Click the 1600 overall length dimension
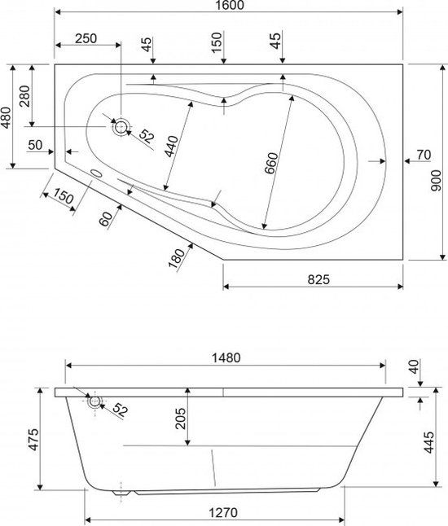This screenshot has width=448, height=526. pyautogui.click(x=233, y=5)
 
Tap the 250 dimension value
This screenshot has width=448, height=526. pyautogui.click(x=86, y=38)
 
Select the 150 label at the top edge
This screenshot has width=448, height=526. pyautogui.click(x=217, y=42)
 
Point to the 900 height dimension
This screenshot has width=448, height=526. pyautogui.click(x=436, y=181)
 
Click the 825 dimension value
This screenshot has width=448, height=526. pyautogui.click(x=318, y=279)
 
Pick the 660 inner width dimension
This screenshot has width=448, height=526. pyautogui.click(x=271, y=164)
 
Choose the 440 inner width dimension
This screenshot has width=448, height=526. pyautogui.click(x=171, y=147)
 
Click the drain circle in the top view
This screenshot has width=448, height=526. pyautogui.click(x=121, y=127)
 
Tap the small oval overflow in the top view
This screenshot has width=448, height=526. pyautogui.click(x=97, y=173)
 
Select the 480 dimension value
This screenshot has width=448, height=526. pyautogui.click(x=7, y=117)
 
